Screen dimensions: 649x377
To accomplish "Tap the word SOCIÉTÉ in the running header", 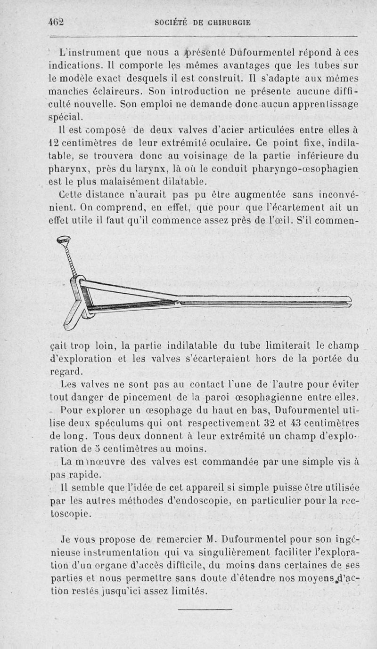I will tap(173, 22).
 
